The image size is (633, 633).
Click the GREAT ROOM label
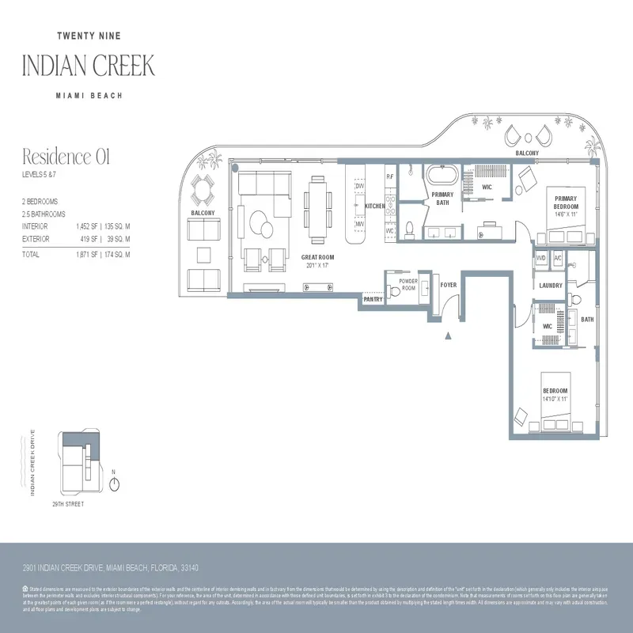click(x=317, y=257)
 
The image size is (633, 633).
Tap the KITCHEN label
click(x=375, y=206)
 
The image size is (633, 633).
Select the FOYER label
click(x=449, y=285)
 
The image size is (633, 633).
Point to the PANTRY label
click(x=373, y=300)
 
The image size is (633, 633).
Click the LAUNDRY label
click(x=550, y=285)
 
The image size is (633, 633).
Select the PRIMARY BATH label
click(x=442, y=199)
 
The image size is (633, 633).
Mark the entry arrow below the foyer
click(x=449, y=335)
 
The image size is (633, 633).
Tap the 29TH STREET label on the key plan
click(x=68, y=504)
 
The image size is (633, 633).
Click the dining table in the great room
click(x=318, y=209)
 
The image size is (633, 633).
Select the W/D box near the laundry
click(x=541, y=258)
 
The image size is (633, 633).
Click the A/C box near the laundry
click(x=558, y=258)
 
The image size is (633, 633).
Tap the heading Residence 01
click(x=66, y=157)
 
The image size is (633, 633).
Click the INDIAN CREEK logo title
click(x=89, y=65)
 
